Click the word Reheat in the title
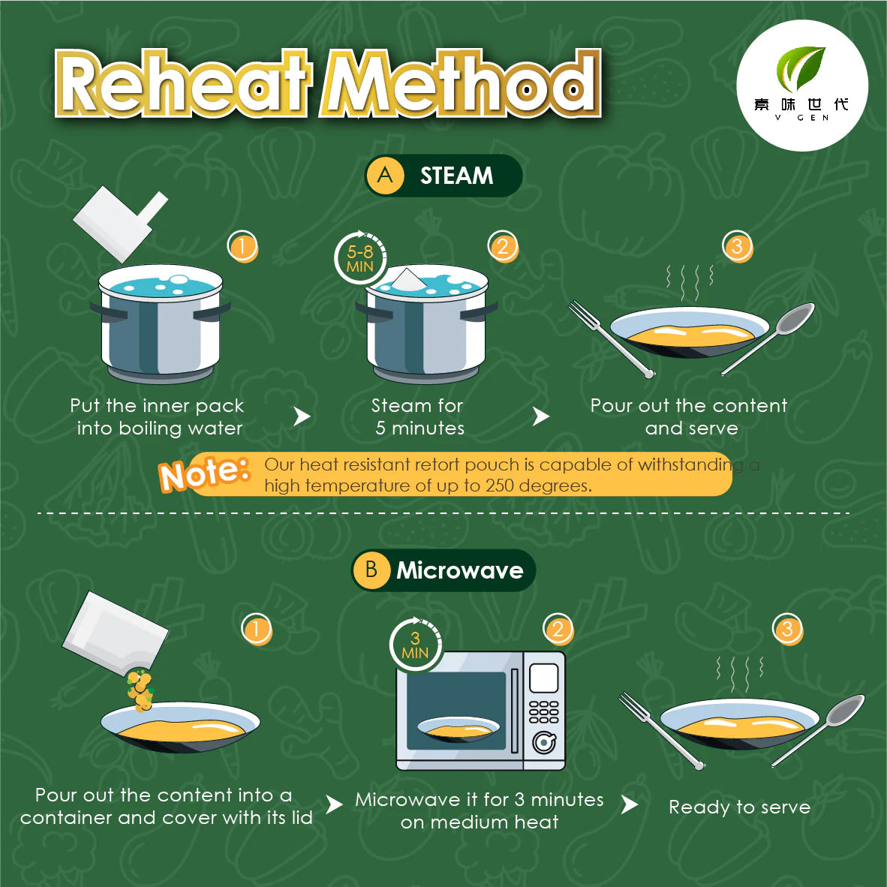pyautogui.click(x=184, y=83)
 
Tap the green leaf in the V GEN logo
pyautogui.click(x=801, y=68)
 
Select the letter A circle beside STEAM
pyautogui.click(x=385, y=176)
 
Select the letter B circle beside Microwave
pyautogui.click(x=371, y=570)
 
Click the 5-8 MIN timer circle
pyautogui.click(x=360, y=258)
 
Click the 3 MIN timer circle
pyautogui.click(x=415, y=645)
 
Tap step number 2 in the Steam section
pyautogui.click(x=503, y=247)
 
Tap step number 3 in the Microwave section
pyautogui.click(x=787, y=629)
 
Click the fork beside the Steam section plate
pyautogui.click(x=611, y=338)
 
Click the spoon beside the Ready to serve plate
pyautogui.click(x=819, y=729)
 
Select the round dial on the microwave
pyautogui.click(x=544, y=743)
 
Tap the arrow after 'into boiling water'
pyautogui.click(x=302, y=417)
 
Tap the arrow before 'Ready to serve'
pyautogui.click(x=630, y=804)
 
